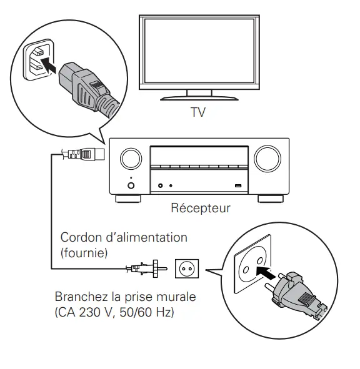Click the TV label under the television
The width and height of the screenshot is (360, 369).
(197, 114)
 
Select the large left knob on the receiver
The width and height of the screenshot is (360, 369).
(130, 159)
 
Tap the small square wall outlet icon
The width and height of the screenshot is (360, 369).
(186, 269)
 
